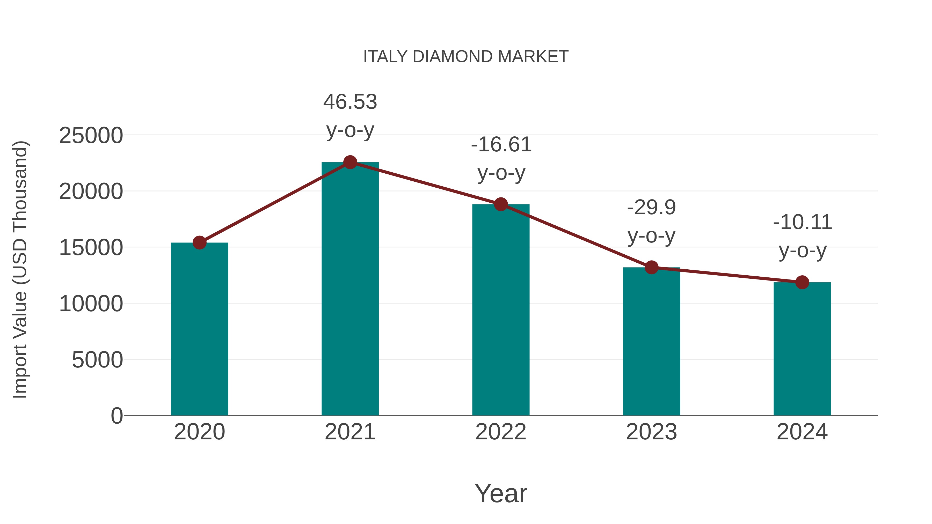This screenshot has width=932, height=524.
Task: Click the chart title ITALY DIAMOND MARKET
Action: coord(466,57)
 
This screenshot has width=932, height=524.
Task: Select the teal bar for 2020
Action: coord(199,329)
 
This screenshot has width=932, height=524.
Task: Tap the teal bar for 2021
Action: coord(350,289)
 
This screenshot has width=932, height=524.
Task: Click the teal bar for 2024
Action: coord(802,349)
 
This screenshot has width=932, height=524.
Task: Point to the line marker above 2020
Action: coord(199,243)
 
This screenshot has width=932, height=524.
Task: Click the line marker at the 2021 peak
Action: coord(350,162)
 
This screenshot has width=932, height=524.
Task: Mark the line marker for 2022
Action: coord(501,204)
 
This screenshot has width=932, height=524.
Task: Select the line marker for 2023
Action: coord(651,268)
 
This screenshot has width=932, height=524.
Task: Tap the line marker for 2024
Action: coord(802,282)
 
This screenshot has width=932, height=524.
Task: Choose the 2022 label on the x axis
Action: coord(501,432)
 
